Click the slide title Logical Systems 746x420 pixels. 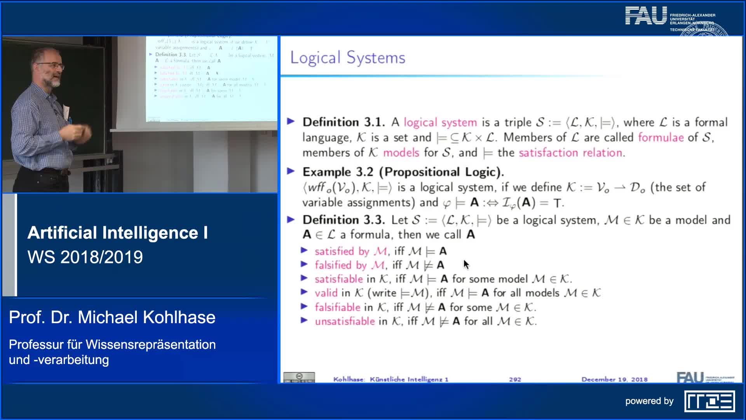[347, 58]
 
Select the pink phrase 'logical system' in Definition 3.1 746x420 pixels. [440, 122]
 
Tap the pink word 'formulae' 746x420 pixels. [661, 138]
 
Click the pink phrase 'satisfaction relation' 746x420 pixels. [571, 153]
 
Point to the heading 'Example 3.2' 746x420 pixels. [338, 172]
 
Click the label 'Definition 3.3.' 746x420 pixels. [343, 220]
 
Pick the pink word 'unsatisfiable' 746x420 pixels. [345, 322]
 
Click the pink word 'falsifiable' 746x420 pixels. [337, 307]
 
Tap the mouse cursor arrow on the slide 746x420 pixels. [466, 264]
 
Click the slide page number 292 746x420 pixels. [515, 379]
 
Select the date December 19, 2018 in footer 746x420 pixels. [614, 379]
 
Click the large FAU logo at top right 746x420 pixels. [646, 16]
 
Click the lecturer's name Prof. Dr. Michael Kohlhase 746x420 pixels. [112, 317]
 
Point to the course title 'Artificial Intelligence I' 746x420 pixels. [117, 233]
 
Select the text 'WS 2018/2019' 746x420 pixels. [85, 257]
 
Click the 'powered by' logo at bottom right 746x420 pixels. [709, 401]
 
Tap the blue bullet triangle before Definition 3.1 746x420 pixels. [291, 122]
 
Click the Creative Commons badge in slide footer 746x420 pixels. [299, 377]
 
